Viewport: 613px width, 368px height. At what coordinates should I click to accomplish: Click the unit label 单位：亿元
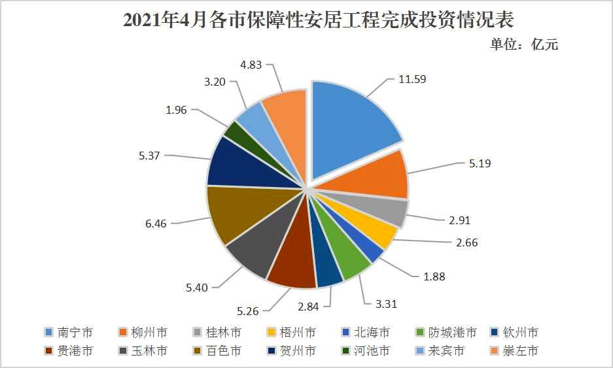(523, 45)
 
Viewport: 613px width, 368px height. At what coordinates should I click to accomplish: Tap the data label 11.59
(412, 79)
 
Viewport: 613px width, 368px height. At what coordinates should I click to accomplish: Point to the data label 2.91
(459, 220)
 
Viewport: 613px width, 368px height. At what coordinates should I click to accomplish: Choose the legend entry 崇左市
(519, 351)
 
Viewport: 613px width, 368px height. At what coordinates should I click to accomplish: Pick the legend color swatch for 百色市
(196, 351)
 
